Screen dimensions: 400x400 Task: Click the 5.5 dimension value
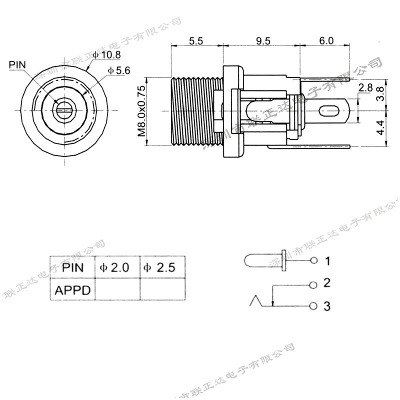coord(196,41)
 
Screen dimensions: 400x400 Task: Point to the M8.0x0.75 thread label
coord(141,111)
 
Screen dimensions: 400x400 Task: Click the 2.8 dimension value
coord(365,88)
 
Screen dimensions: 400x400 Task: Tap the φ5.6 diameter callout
coord(118,70)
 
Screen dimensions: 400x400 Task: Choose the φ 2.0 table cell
coord(116,267)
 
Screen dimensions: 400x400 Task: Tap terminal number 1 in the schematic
coord(327,260)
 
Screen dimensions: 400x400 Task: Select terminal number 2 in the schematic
coord(327,283)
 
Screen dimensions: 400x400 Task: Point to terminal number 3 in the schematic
coord(327,306)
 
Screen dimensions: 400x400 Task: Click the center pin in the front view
coord(64,109)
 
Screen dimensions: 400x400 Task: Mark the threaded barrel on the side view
coord(192,111)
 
